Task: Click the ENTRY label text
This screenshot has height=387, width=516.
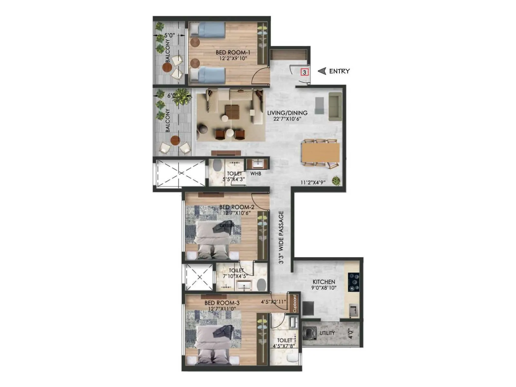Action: pyautogui.click(x=339, y=71)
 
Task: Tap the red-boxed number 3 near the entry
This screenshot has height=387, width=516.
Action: pyautogui.click(x=304, y=72)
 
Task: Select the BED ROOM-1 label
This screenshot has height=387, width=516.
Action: pyautogui.click(x=233, y=52)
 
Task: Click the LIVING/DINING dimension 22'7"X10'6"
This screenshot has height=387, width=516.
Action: pyautogui.click(x=287, y=119)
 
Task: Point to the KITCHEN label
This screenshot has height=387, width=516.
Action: pyautogui.click(x=324, y=282)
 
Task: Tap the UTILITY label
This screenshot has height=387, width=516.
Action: pyautogui.click(x=327, y=333)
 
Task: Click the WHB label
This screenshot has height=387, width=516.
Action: pyautogui.click(x=256, y=174)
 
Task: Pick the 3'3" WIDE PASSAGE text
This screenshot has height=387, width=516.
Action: pyautogui.click(x=281, y=238)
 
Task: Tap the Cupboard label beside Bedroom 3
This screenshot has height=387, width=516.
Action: pyautogui.click(x=294, y=303)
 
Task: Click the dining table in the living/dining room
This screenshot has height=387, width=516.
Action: pyautogui.click(x=321, y=153)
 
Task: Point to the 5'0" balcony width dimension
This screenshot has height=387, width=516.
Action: pyautogui.click(x=169, y=35)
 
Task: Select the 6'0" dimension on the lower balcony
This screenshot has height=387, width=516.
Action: pyautogui.click(x=172, y=95)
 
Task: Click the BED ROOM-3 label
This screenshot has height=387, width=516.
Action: pyautogui.click(x=222, y=303)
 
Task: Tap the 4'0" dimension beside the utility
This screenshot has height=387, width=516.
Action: pyautogui.click(x=351, y=333)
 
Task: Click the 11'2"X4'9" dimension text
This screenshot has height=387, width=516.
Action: pyautogui.click(x=313, y=183)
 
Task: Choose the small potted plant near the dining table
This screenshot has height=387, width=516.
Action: pyautogui.click(x=336, y=181)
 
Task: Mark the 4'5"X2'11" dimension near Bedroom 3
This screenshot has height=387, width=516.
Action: pyautogui.click(x=273, y=302)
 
